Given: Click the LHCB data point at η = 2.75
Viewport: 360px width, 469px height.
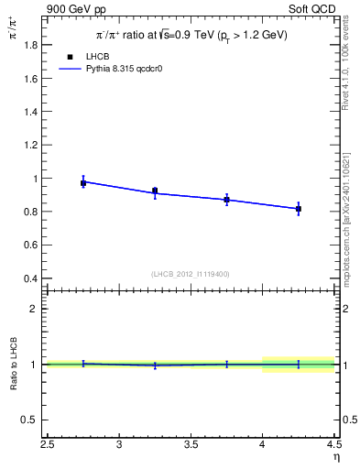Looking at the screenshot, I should click(83, 183).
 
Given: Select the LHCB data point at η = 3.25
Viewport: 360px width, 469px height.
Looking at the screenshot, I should click(155, 191).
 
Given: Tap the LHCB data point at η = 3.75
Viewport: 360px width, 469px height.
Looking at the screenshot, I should click(226, 200).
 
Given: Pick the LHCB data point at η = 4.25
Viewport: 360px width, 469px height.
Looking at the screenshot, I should click(299, 210).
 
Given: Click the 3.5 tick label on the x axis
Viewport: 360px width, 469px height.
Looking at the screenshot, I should click(191, 444).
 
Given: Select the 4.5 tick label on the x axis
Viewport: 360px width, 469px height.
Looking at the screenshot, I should click(333, 444).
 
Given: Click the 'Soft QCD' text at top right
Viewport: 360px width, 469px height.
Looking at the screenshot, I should click(313, 8).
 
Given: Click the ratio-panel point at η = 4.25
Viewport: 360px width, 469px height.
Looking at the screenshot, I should click(299, 365).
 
